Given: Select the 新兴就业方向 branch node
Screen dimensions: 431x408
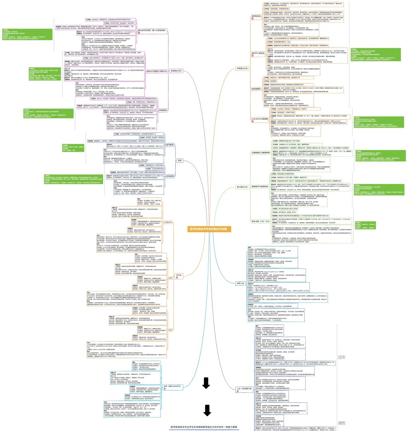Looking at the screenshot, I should (242, 186).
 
